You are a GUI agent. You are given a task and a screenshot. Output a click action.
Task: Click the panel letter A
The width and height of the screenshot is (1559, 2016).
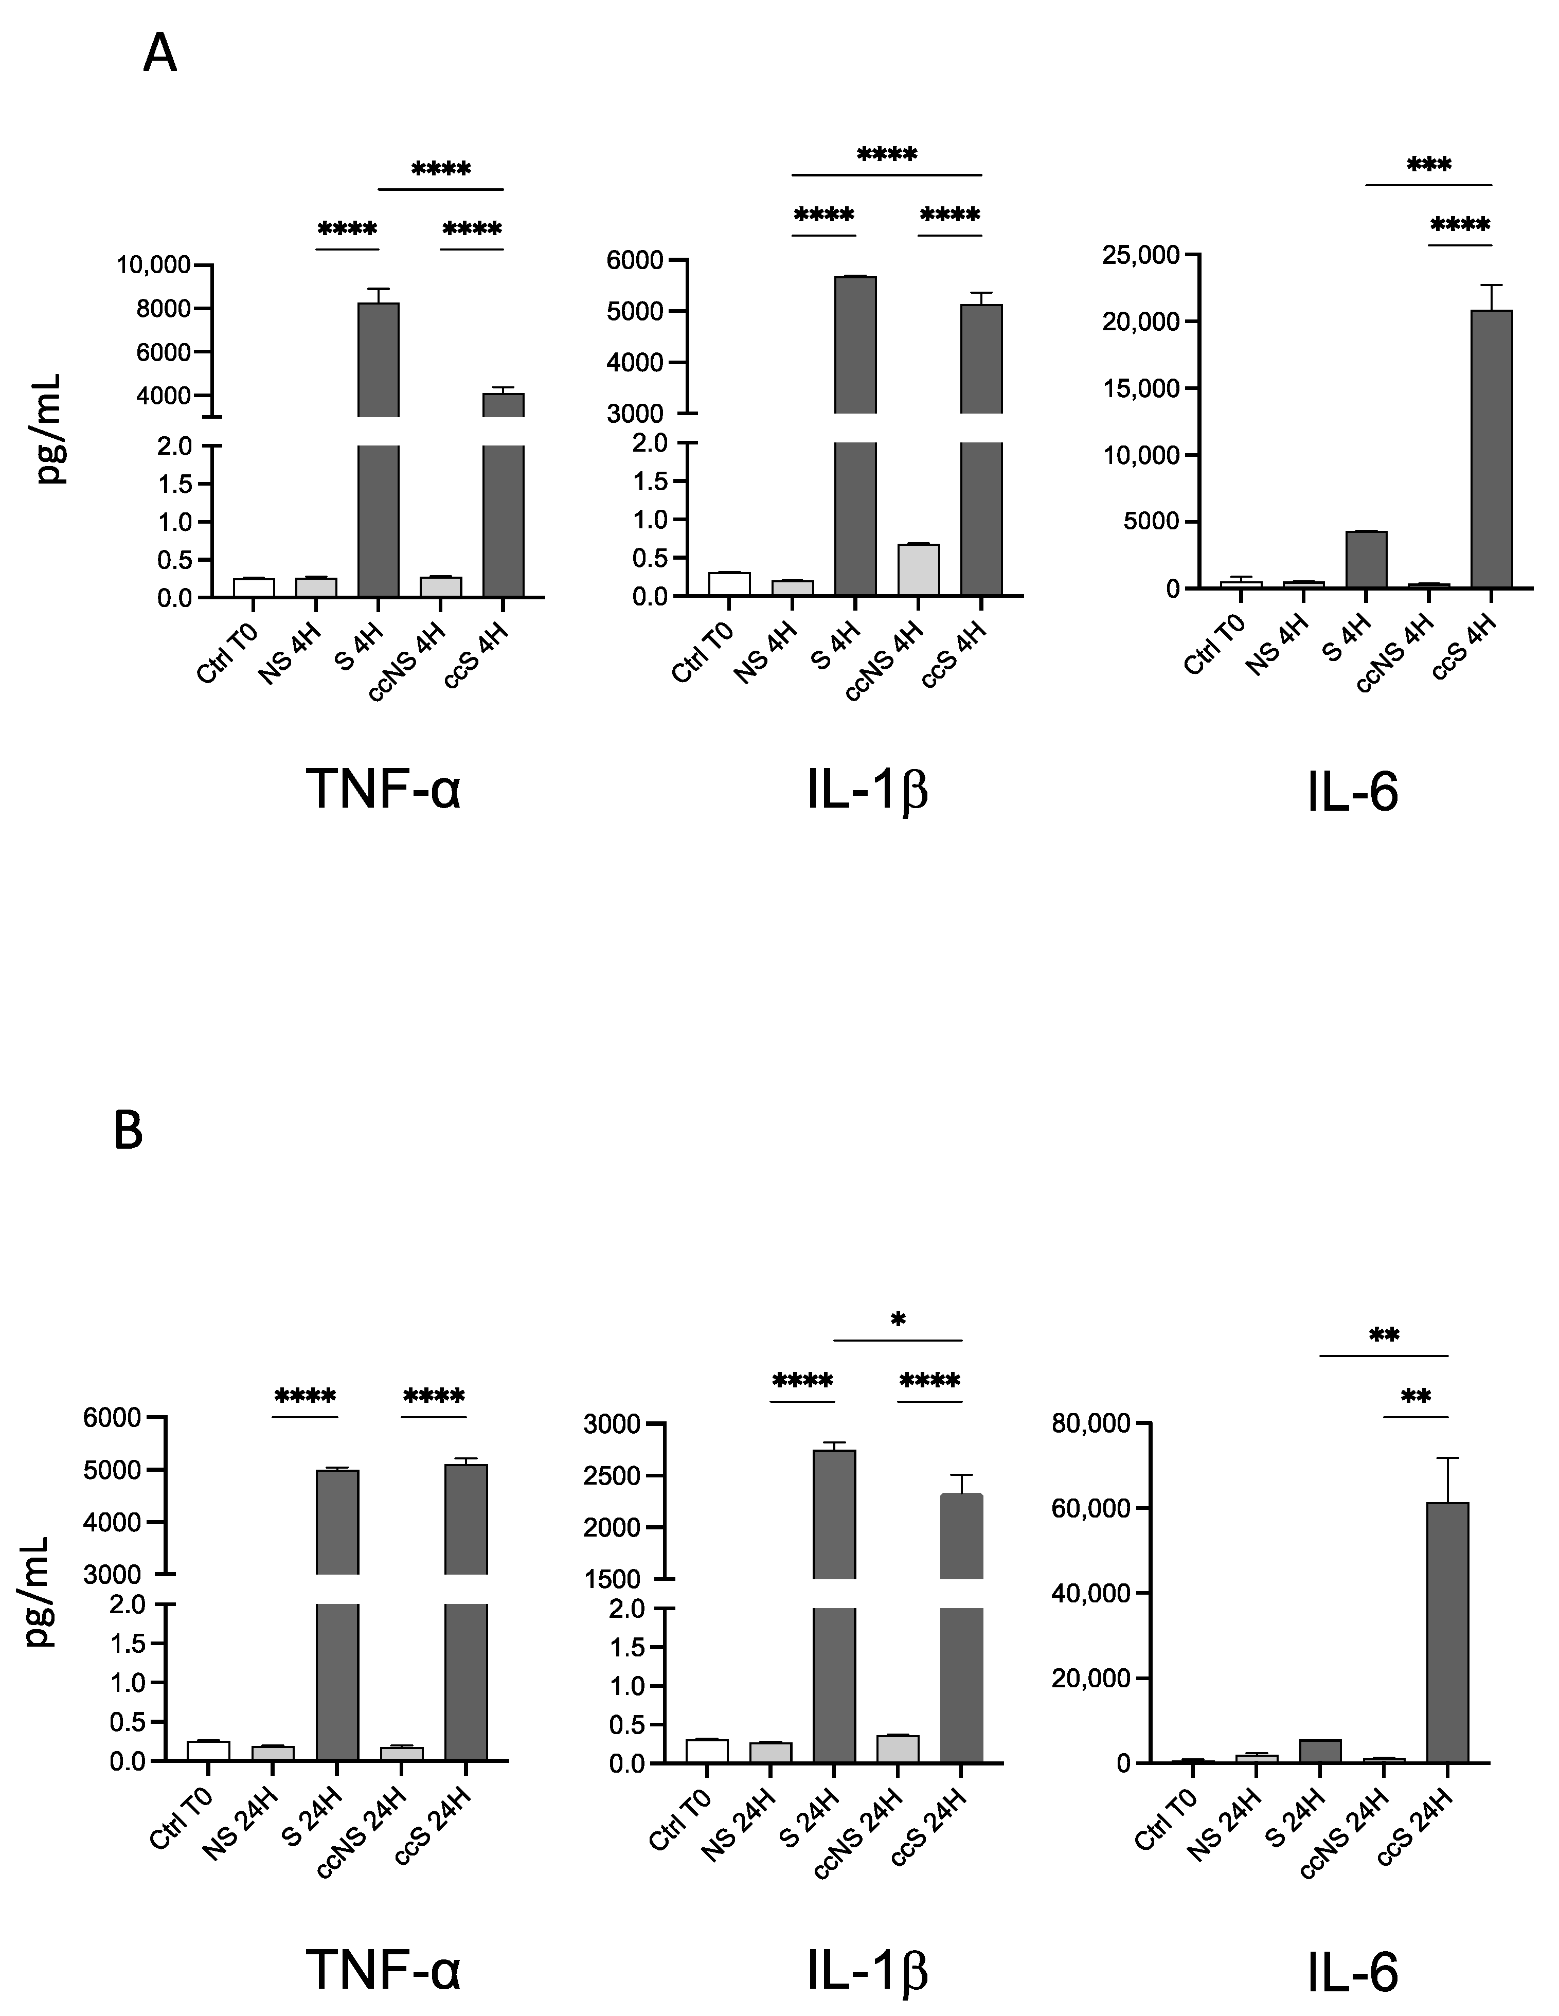(159, 56)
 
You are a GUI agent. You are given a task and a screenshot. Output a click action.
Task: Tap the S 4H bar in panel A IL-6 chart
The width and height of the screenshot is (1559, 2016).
(1366, 559)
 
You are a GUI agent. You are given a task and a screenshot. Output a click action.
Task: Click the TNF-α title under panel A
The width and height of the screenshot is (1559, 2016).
(383, 789)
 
